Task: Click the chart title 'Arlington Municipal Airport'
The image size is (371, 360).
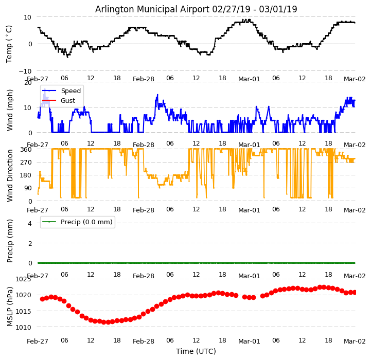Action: coord(196,9)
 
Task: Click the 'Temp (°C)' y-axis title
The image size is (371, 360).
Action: coord(9,44)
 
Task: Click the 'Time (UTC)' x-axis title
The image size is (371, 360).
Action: coord(196,351)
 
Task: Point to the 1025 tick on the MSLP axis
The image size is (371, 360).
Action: coord(23,279)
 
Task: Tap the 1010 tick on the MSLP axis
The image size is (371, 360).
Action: coord(23,327)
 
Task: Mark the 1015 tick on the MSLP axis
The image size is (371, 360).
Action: coord(23,311)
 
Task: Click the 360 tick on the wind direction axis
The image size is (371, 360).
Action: coord(26,150)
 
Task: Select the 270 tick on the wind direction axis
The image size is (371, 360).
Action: coord(26,163)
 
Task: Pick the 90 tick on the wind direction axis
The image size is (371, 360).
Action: coord(28,188)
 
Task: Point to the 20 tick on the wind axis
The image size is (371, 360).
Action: coord(28,83)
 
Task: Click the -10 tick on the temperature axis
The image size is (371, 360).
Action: coord(26,71)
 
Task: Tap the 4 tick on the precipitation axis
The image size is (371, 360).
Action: coord(30,223)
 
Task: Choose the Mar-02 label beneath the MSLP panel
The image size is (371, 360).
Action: coord(355,341)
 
